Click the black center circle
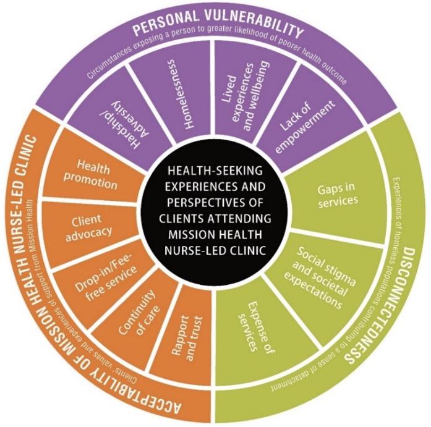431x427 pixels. tap(215, 213)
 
